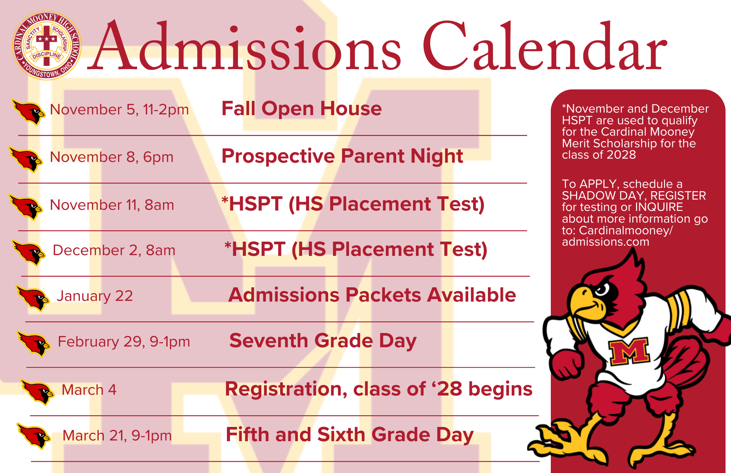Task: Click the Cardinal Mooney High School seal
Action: click(46, 46)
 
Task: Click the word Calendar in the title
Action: click(545, 48)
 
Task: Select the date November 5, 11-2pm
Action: click(119, 110)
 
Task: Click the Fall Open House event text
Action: click(302, 109)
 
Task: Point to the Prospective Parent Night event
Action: click(342, 156)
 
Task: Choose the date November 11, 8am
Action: click(112, 205)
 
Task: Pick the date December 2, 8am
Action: click(114, 250)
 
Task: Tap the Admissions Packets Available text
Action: click(372, 295)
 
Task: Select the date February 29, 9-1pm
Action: click(124, 342)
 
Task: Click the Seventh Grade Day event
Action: click(323, 341)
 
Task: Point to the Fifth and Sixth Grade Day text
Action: click(349, 435)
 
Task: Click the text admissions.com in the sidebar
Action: click(605, 242)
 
